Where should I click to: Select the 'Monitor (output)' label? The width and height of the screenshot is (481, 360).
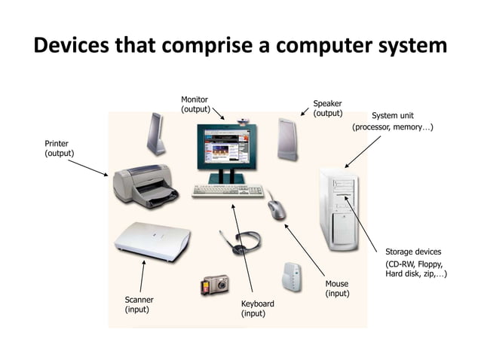[x=195, y=105]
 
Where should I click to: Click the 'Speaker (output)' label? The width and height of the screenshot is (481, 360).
[x=327, y=108]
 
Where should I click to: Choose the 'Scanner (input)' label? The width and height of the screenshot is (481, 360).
[x=139, y=304]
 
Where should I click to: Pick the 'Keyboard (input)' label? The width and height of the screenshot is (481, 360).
[x=257, y=308]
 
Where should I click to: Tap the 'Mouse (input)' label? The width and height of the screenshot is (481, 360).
[x=337, y=288]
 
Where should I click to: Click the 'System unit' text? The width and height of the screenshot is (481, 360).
[x=392, y=116]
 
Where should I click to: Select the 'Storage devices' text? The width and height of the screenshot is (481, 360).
[x=413, y=252]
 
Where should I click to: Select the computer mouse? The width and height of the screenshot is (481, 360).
[x=276, y=207]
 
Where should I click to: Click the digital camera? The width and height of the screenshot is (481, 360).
[x=214, y=285]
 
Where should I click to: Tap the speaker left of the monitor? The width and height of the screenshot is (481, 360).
[x=155, y=134]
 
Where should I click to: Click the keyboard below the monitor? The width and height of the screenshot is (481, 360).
[x=226, y=191]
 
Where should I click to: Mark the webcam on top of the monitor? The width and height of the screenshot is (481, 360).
[x=244, y=120]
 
